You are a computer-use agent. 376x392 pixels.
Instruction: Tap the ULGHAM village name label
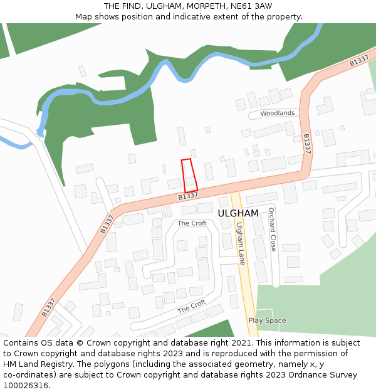238,213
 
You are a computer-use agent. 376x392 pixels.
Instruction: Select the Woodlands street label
278,114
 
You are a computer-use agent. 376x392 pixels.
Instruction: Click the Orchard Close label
272,230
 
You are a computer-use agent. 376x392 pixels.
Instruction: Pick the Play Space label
267,320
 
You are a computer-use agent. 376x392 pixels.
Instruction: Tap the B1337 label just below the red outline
188,196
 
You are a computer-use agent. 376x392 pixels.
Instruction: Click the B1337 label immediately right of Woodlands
306,144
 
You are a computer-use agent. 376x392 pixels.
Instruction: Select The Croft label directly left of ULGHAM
192,223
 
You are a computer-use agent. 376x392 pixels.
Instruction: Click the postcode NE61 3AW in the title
254,6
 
